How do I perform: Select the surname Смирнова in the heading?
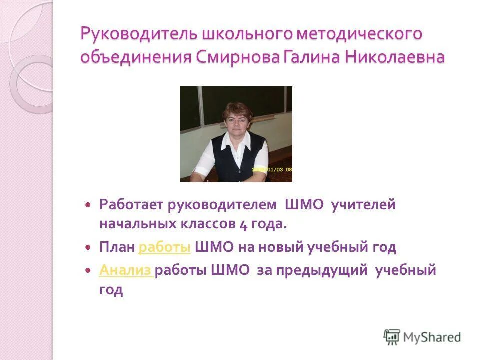(236, 57)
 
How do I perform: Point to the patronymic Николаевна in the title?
(395, 57)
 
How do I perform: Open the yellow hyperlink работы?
(165, 247)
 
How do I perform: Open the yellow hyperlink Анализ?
(126, 270)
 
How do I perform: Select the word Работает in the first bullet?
(131, 204)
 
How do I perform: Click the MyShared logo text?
(433, 337)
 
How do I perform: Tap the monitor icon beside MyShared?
(392, 337)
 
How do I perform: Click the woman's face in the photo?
(236, 119)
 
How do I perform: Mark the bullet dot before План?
(88, 247)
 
